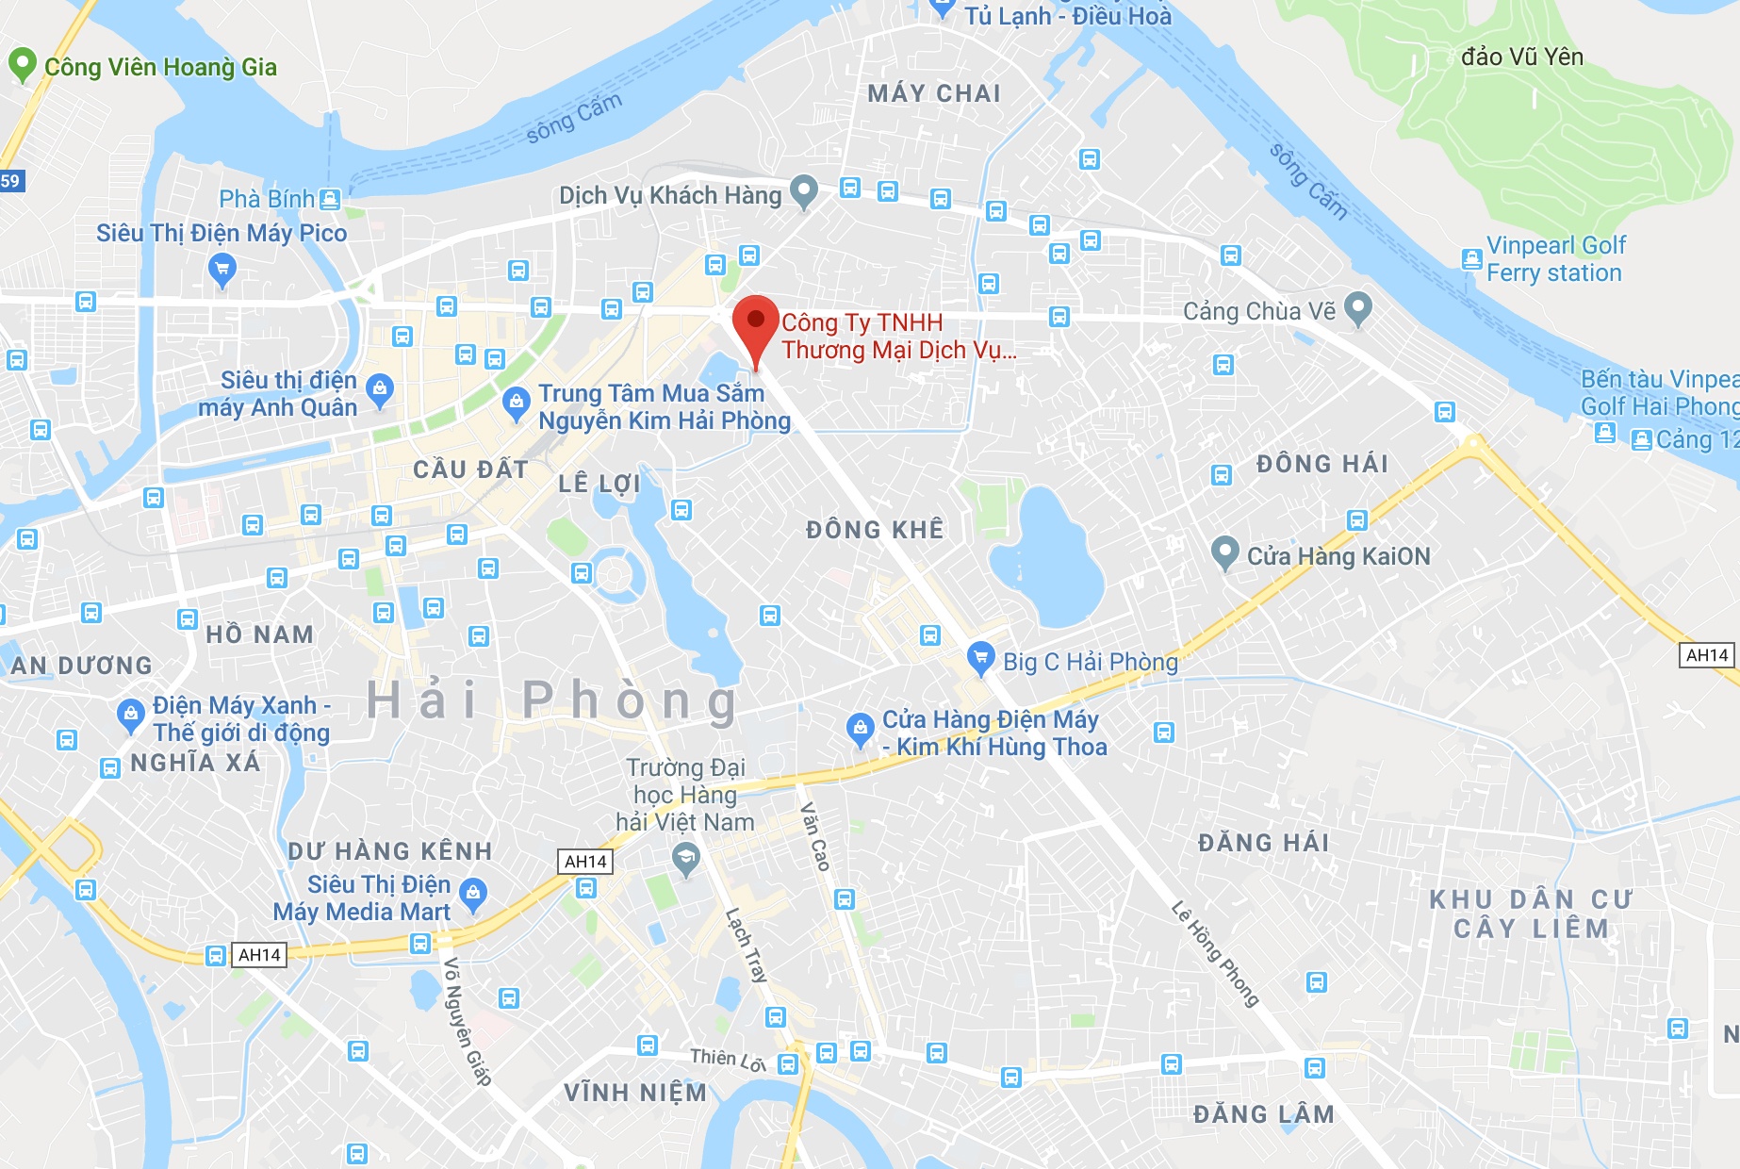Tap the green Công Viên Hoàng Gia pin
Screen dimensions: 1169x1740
click(x=22, y=65)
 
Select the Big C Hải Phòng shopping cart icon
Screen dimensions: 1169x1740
click(x=980, y=657)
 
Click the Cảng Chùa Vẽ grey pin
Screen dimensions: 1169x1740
click(x=1357, y=307)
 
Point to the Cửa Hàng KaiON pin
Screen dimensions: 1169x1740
click(x=1224, y=552)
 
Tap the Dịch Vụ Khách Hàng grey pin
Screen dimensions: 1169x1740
click(x=803, y=190)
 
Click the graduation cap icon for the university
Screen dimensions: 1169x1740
click(x=685, y=859)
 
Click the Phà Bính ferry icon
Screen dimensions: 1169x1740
click(x=329, y=199)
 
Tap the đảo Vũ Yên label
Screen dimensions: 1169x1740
click(x=1521, y=58)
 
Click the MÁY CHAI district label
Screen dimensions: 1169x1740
click(x=933, y=93)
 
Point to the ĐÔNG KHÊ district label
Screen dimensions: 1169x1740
click(x=874, y=530)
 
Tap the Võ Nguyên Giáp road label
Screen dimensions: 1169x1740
click(x=467, y=1021)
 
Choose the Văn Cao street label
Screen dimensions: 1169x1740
click(x=815, y=836)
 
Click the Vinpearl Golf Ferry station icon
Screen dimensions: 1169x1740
click(x=1471, y=259)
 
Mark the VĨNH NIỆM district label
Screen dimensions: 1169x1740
click(x=634, y=1093)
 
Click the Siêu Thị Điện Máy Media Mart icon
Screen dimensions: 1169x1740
click(x=472, y=892)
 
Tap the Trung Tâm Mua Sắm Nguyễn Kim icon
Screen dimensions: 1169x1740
click(x=516, y=403)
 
